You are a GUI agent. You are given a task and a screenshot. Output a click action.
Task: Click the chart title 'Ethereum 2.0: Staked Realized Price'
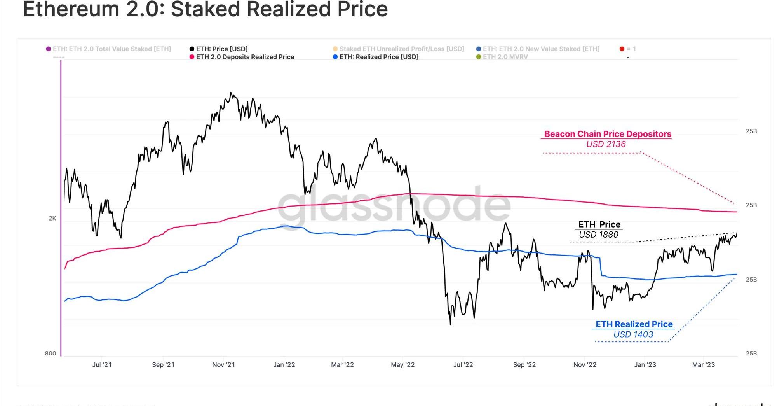(205, 9)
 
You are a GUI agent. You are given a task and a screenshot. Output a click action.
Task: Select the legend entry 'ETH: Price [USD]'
(221, 49)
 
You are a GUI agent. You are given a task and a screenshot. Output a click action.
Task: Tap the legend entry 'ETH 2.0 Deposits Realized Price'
(245, 57)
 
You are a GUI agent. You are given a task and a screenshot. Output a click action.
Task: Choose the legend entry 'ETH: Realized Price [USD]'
(378, 57)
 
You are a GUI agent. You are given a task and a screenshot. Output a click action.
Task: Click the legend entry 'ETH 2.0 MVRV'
(505, 57)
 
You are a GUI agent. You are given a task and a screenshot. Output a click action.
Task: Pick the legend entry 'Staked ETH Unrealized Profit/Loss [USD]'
(401, 49)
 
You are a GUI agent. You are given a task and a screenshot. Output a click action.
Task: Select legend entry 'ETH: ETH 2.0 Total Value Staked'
(111, 49)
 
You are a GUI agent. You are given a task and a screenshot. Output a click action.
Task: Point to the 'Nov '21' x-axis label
(223, 365)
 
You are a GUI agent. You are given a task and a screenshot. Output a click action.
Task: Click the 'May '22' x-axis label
(402, 365)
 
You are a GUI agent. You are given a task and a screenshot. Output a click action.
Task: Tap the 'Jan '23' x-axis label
(645, 365)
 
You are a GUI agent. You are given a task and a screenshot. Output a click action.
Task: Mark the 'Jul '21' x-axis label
(102, 365)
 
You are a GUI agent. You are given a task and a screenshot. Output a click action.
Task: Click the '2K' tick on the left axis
(52, 218)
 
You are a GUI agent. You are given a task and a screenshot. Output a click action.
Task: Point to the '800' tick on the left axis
(51, 353)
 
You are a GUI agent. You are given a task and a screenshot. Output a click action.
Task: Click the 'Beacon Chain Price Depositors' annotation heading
(608, 134)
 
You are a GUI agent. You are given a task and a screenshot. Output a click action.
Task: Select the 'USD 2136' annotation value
(606, 144)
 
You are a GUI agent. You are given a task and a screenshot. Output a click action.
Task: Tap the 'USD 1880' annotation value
(598, 234)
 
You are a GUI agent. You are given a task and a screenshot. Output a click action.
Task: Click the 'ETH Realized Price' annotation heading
(634, 324)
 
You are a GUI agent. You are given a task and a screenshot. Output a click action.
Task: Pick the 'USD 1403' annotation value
(633, 334)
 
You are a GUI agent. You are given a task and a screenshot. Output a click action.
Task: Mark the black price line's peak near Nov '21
(231, 93)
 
